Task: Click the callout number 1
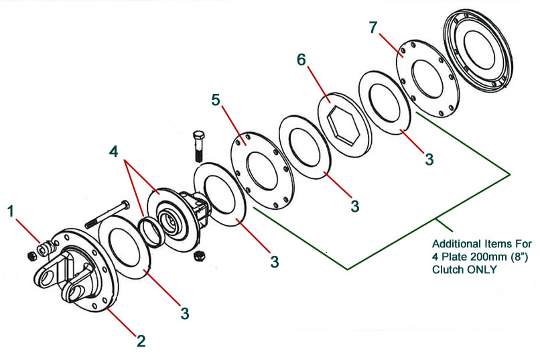pyautogui.click(x=11, y=212)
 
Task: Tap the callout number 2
pyautogui.click(x=141, y=341)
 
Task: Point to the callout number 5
pyautogui.click(x=216, y=100)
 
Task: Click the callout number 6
pyautogui.click(x=302, y=60)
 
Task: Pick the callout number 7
pyautogui.click(x=374, y=29)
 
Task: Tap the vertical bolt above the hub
pyautogui.click(x=199, y=143)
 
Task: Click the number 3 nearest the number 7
pyautogui.click(x=429, y=160)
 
